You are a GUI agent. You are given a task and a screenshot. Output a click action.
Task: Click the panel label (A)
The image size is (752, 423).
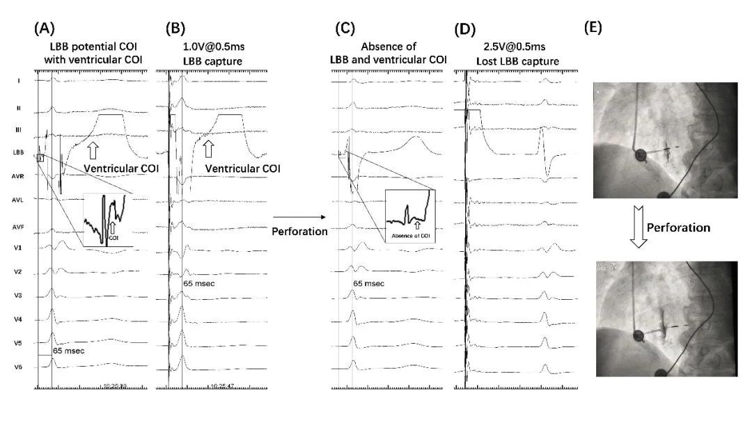click(45, 30)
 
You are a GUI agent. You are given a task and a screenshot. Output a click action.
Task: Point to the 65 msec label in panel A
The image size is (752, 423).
click(68, 351)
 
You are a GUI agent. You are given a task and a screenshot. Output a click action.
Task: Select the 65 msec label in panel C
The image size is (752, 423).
click(368, 284)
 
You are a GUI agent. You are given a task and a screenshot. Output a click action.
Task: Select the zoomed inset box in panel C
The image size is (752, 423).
click(409, 215)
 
